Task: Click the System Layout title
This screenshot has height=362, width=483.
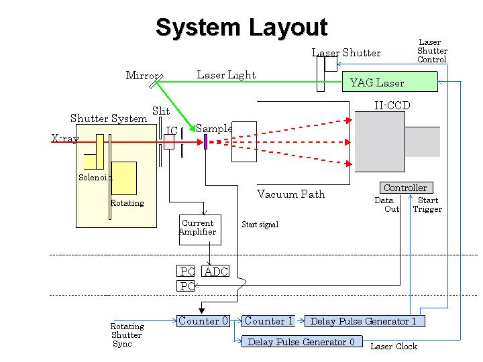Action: (241, 28)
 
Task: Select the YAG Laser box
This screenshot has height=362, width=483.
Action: (389, 82)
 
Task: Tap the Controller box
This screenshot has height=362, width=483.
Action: (405, 188)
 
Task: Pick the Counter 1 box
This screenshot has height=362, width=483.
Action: (268, 321)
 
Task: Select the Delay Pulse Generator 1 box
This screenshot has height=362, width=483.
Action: (364, 321)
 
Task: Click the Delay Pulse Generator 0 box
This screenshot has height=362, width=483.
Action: (302, 342)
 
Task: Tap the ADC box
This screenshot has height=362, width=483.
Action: (216, 271)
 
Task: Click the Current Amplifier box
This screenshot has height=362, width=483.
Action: (198, 228)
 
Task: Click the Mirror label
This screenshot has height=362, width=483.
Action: (142, 75)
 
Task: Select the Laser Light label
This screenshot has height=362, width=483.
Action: (226, 75)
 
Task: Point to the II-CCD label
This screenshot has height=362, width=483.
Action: (392, 106)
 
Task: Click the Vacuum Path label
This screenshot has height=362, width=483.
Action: (290, 194)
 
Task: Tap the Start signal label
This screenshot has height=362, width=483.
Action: (260, 225)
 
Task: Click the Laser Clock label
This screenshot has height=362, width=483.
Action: (394, 347)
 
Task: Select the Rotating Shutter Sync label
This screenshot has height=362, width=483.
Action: (127, 335)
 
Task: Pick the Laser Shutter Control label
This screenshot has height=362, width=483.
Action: (431, 51)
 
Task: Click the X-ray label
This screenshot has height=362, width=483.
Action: (65, 139)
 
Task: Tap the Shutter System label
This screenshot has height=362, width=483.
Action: (108, 119)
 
